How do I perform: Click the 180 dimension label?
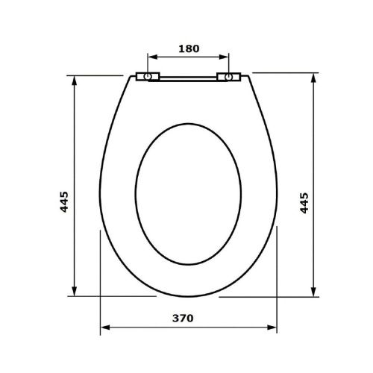(x=189, y=48)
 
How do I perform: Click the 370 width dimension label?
(x=183, y=319)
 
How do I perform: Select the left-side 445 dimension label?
(x=64, y=201)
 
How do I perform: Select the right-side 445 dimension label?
(x=304, y=203)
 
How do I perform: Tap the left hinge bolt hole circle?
(x=148, y=77)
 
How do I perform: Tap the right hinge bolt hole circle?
(x=228, y=77)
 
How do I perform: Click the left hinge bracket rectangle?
(x=148, y=77)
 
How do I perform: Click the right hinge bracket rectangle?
(x=229, y=77)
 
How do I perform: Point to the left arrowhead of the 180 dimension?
(x=153, y=57)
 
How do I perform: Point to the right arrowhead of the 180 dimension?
(x=223, y=57)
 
